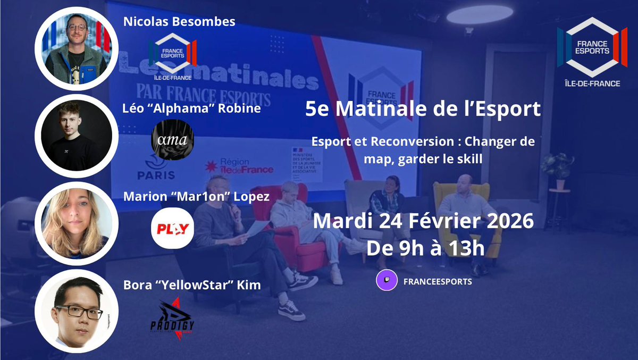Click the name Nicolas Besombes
tap(179, 22)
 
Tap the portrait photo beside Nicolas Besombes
tap(77, 48)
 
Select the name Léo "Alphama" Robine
tap(192, 110)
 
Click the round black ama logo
tap(172, 140)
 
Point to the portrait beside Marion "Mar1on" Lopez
tap(77, 223)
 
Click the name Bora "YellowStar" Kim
tap(192, 285)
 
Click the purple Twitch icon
tap(387, 281)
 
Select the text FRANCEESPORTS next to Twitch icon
tap(438, 281)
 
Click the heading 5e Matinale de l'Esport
tap(423, 110)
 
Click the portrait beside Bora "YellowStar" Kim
tap(77, 311)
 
